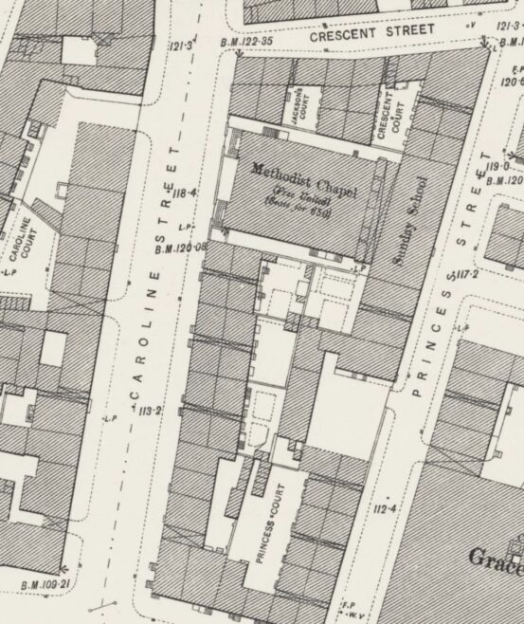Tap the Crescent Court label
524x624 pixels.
point(388,114)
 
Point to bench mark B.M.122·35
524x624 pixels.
point(248,42)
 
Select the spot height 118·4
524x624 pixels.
point(185,194)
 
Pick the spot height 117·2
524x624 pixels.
point(465,275)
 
